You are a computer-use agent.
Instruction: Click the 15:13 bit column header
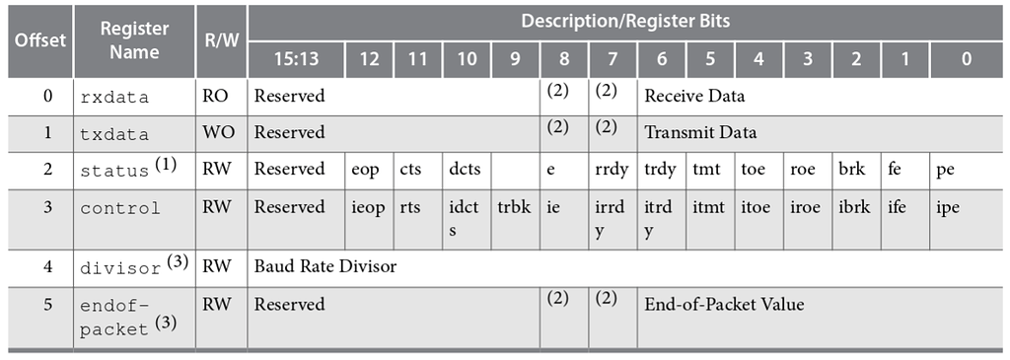click(x=296, y=59)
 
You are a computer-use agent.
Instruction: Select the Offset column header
click(x=39, y=40)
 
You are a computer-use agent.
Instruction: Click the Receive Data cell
click(x=694, y=96)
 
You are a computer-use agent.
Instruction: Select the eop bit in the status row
click(x=365, y=169)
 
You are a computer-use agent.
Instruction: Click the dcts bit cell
click(x=465, y=169)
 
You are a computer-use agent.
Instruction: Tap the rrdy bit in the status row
click(x=612, y=169)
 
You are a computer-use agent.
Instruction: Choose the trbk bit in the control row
click(x=514, y=208)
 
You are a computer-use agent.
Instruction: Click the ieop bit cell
click(x=368, y=208)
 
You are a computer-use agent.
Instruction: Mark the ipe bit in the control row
click(x=947, y=208)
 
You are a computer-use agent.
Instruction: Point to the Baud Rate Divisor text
click(x=325, y=266)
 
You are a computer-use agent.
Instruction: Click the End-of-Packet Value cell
click(x=724, y=304)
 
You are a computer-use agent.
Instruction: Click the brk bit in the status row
click(x=851, y=169)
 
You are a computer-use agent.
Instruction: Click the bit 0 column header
click(x=966, y=59)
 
